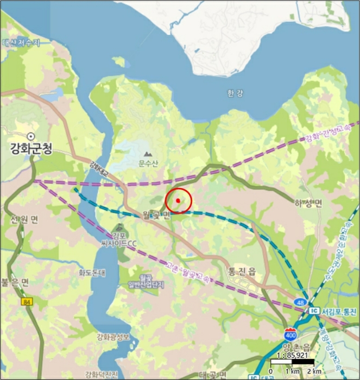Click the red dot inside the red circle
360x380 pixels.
[x=178, y=201]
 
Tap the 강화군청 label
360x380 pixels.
[x=31, y=148]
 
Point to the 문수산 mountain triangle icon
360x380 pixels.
[x=147, y=154]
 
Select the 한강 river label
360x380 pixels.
[x=235, y=93]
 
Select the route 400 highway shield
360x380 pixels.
[x=290, y=333]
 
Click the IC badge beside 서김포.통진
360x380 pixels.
[x=313, y=311]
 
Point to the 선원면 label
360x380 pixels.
[x=24, y=220]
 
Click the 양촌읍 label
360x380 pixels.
[x=296, y=347]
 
